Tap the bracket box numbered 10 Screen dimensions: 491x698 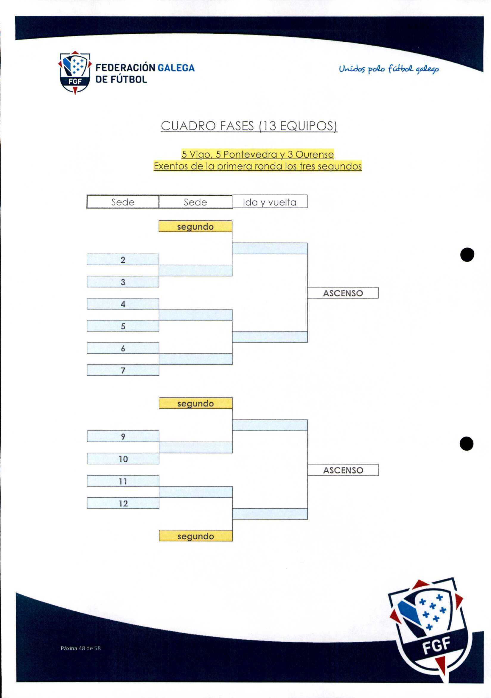pos(123,459)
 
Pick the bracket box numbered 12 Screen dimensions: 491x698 pos(123,503)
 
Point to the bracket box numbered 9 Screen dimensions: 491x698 pos(123,436)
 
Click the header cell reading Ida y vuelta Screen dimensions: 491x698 pos(270,202)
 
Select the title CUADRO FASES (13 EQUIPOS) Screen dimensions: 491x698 pos(249,126)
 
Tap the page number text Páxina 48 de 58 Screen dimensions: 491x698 pos(81,648)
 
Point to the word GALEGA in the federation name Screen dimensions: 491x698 pos(176,68)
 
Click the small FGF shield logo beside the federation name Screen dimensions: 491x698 pos(75,73)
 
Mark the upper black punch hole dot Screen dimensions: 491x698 pos(467,254)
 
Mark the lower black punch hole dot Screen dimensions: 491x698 pos(467,444)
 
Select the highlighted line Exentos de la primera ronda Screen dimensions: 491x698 pos(258,166)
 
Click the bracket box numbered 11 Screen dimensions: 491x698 pos(123,481)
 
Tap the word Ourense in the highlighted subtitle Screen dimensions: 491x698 pos(315,155)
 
